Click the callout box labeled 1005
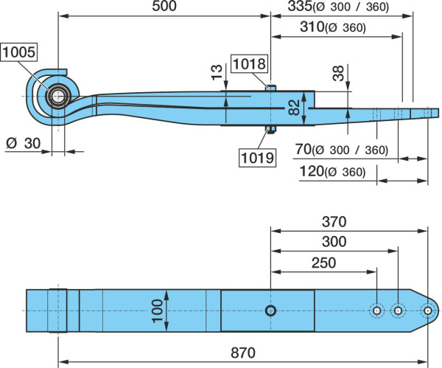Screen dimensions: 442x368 (x=19, y=52)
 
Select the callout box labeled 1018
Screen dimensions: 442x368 (x=249, y=63)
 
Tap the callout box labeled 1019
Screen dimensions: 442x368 (x=257, y=158)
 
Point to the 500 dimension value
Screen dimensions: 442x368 (x=164, y=6)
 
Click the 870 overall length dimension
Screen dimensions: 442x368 (x=243, y=353)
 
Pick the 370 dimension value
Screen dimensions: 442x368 (x=334, y=222)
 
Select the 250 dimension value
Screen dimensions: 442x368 (x=323, y=263)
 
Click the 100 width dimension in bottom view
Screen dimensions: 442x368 (x=157, y=310)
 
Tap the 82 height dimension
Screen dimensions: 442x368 (x=294, y=108)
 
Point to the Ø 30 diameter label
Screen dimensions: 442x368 (x=24, y=143)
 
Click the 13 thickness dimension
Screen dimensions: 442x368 (x=217, y=72)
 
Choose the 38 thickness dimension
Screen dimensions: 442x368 (x=338, y=73)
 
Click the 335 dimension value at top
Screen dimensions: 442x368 (x=300, y=6)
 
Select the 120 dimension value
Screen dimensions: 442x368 (x=312, y=171)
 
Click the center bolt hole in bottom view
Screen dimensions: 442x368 (x=270, y=310)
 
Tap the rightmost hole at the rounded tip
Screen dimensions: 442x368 (x=427, y=310)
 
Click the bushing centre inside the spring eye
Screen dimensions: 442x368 (x=58, y=96)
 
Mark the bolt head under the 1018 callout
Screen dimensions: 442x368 (x=270, y=88)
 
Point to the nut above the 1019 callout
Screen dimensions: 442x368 (x=270, y=130)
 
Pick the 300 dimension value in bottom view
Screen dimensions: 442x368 (x=334, y=242)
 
